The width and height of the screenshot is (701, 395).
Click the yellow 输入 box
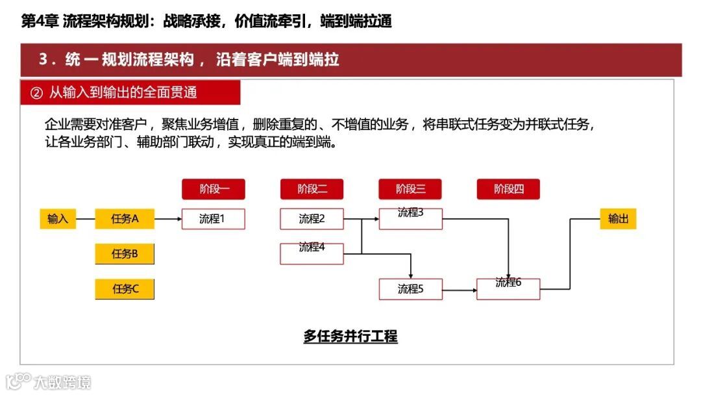tap(58, 219)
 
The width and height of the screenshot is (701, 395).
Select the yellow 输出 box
tap(618, 219)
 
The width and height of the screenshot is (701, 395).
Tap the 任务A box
tap(125, 219)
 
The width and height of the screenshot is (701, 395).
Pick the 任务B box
tap(125, 254)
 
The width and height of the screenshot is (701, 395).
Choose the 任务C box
tap(125, 289)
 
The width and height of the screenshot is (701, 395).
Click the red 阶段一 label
tap(214, 189)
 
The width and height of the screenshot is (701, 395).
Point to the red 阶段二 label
tap(312, 189)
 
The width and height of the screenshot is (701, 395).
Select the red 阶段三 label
tap(410, 189)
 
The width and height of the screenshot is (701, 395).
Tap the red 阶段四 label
tap(508, 189)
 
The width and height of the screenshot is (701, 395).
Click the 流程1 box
tap(214, 219)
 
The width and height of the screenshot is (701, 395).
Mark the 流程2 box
tap(312, 219)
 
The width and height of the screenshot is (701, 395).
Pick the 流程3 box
tap(410, 219)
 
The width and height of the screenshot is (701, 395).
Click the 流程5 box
tap(410, 289)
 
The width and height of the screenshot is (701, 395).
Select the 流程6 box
tap(508, 289)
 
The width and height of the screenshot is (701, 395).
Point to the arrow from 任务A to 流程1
tap(168, 219)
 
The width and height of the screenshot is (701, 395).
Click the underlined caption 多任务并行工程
tap(350, 337)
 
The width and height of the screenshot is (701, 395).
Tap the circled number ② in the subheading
tap(36, 93)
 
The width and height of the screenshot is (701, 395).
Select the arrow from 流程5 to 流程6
tap(460, 289)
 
